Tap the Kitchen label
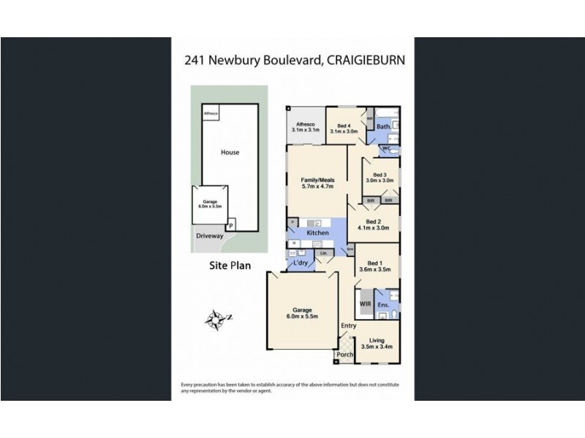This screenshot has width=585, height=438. coord(317,232)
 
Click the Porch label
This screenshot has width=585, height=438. coord(344,356)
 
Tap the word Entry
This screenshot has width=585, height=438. coord(348,326)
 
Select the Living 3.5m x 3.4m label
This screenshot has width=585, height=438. coord(377,342)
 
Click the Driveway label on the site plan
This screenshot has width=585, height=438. coord(209,235)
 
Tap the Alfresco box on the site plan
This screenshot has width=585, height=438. coord(211,115)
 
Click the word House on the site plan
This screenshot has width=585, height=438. coord(230,153)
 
